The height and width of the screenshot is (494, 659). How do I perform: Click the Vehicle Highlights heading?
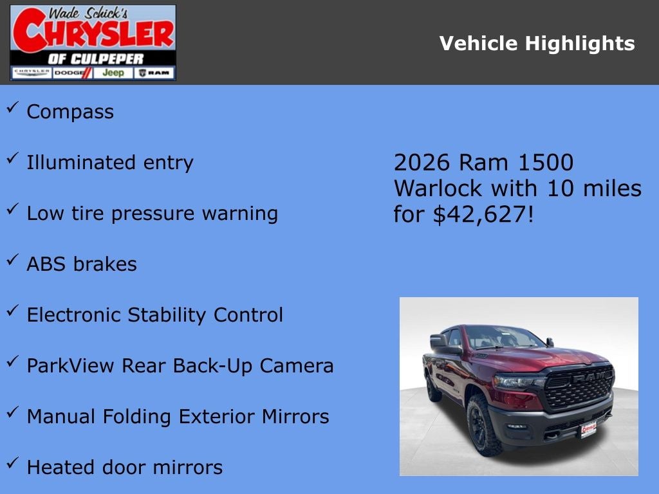537,44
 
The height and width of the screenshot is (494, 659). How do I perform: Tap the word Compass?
70,112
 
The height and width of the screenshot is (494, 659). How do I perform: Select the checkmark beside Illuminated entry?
12,159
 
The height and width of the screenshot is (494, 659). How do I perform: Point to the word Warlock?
438,188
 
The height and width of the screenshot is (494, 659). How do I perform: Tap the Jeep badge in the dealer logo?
113,73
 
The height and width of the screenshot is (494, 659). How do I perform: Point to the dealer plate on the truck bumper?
588,429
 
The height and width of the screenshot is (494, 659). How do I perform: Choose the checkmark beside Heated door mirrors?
12,463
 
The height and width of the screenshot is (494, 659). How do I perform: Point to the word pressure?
157,214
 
